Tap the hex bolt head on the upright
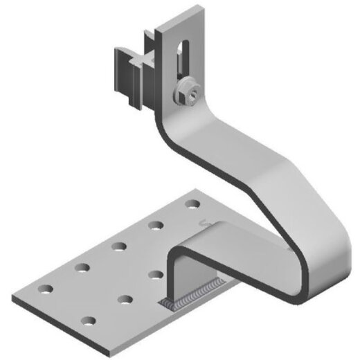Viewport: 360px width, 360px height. coord(187,92)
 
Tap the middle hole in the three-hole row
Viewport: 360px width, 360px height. coord(125,299)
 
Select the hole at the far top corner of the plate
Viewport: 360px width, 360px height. coord(192,205)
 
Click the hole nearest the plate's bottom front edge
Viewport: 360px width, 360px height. coord(89,321)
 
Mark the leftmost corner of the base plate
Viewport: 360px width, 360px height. coord(19,284)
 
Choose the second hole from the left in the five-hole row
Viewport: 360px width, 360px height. coord(82,266)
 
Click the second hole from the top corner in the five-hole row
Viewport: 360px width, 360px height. coord(156,225)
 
